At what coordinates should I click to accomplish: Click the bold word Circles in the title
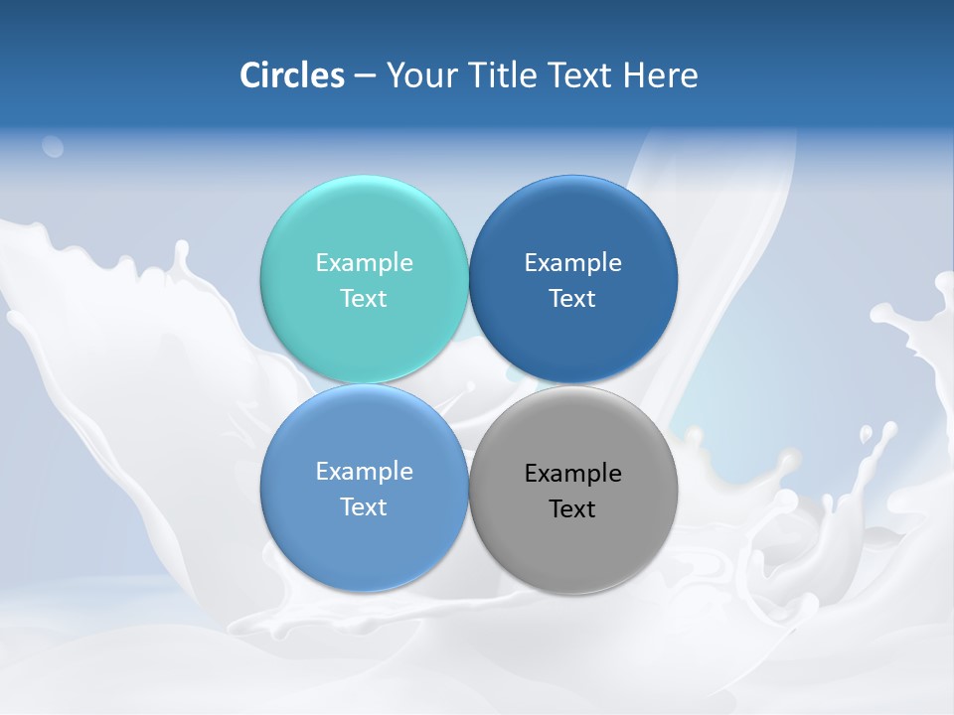pyautogui.click(x=292, y=75)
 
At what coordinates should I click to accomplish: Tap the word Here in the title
pyautogui.click(x=660, y=75)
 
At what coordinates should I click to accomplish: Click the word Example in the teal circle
pyautogui.click(x=364, y=263)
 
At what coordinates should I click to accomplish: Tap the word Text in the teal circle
pyautogui.click(x=364, y=299)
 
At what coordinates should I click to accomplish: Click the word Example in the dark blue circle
pyautogui.click(x=572, y=263)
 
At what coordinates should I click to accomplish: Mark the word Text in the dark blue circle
pyautogui.click(x=572, y=299)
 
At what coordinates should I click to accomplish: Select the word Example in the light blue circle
pyautogui.click(x=364, y=472)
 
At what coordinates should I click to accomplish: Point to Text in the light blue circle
pyautogui.click(x=364, y=507)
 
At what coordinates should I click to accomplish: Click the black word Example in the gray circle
pyautogui.click(x=572, y=474)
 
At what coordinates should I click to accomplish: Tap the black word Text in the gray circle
pyautogui.click(x=572, y=509)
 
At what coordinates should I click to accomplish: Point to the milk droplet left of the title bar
pyautogui.click(x=52, y=147)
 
